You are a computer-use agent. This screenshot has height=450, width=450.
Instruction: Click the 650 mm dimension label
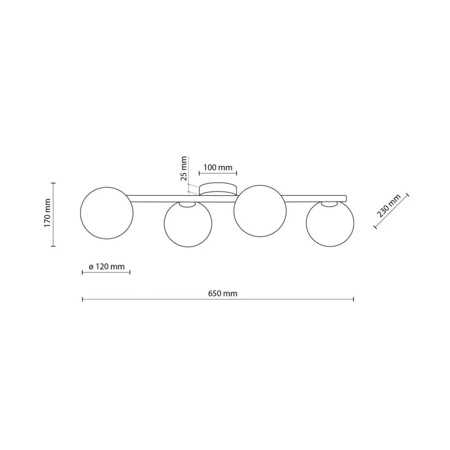tap(222, 294)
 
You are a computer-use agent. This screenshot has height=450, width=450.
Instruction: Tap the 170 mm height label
tap(48, 213)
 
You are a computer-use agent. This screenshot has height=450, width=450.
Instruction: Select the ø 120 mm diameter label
tap(106, 266)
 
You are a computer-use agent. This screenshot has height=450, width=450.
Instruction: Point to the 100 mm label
tap(218, 167)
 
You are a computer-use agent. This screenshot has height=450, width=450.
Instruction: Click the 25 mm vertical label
tap(184, 168)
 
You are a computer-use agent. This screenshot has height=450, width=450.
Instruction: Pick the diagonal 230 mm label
tap(389, 206)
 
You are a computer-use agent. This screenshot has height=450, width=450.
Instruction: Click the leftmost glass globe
tap(107, 213)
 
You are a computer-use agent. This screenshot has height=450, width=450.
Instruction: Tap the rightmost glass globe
tap(330, 223)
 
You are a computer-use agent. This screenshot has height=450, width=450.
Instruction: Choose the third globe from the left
tap(260, 211)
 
